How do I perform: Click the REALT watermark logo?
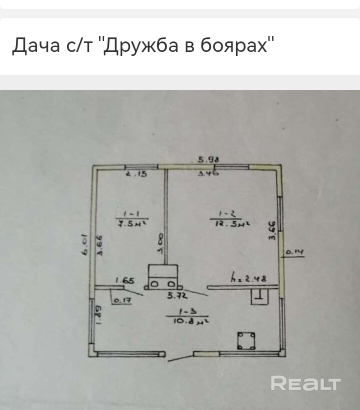tap(305, 384)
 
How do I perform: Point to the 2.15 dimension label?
tap(134, 175)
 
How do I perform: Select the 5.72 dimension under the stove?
tap(177, 296)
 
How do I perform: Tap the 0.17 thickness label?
tap(120, 301)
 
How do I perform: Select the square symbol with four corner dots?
tap(246, 341)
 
